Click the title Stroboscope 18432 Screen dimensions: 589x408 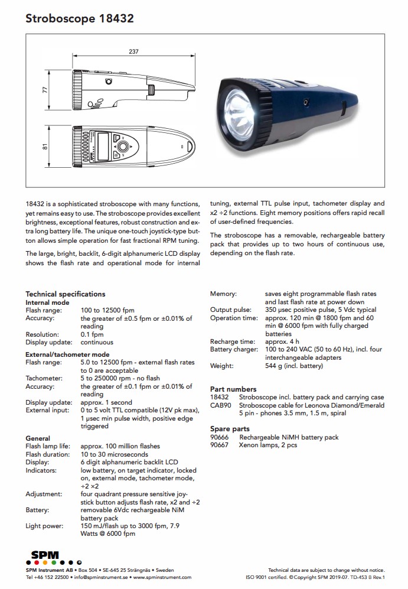pos(79,19)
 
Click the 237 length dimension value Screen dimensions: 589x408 pos(133,52)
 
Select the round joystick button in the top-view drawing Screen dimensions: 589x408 pos(122,146)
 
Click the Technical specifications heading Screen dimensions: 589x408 pos(65,294)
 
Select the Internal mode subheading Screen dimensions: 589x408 pos(47,302)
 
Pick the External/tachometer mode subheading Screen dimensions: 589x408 pos(67,354)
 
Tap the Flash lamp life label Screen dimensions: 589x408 pos(48,446)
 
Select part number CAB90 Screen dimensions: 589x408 pos(220,405)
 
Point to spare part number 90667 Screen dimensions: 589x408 pos(220,445)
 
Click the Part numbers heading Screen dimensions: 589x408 pos(233,389)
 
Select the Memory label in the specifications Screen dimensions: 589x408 pos(223,294)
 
